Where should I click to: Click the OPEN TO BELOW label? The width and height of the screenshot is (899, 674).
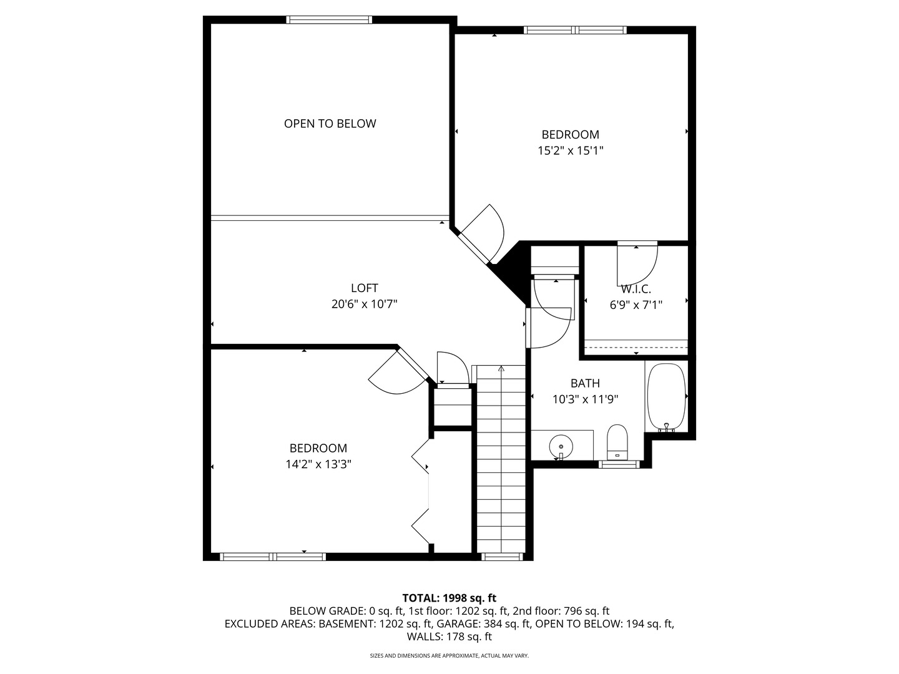(x=330, y=124)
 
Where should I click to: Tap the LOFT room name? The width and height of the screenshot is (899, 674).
(x=364, y=288)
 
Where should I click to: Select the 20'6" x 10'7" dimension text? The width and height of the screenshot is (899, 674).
(x=364, y=305)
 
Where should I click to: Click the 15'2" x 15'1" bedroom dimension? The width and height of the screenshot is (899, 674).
(x=570, y=150)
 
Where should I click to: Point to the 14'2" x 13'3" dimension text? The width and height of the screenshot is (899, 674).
(x=318, y=464)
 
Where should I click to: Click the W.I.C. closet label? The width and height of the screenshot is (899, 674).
(x=636, y=290)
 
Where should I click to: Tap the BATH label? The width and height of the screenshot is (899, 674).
(x=585, y=383)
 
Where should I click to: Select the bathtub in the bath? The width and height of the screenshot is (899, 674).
(x=666, y=397)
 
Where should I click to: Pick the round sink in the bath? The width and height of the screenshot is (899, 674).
(x=561, y=447)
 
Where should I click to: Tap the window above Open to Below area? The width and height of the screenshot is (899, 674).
(x=329, y=20)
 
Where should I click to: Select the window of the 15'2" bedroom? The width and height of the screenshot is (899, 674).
(x=574, y=30)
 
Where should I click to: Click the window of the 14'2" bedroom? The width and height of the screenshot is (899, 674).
(x=273, y=557)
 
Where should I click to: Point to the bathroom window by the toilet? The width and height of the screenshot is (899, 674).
(x=619, y=464)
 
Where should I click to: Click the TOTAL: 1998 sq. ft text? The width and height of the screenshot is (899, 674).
(x=449, y=598)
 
